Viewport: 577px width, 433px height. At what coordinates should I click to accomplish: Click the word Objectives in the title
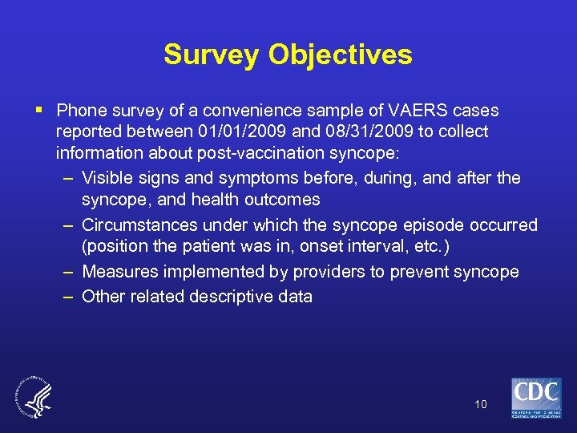tap(341, 55)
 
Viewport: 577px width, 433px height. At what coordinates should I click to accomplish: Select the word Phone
tap(82, 110)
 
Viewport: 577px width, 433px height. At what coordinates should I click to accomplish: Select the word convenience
tap(260, 110)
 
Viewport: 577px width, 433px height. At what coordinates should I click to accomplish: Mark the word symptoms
tap(242, 178)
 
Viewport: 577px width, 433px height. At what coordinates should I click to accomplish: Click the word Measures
tap(116, 272)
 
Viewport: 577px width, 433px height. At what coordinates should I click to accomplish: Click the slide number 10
tap(481, 404)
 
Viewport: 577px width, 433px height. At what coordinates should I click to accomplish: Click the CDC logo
tap(536, 396)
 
